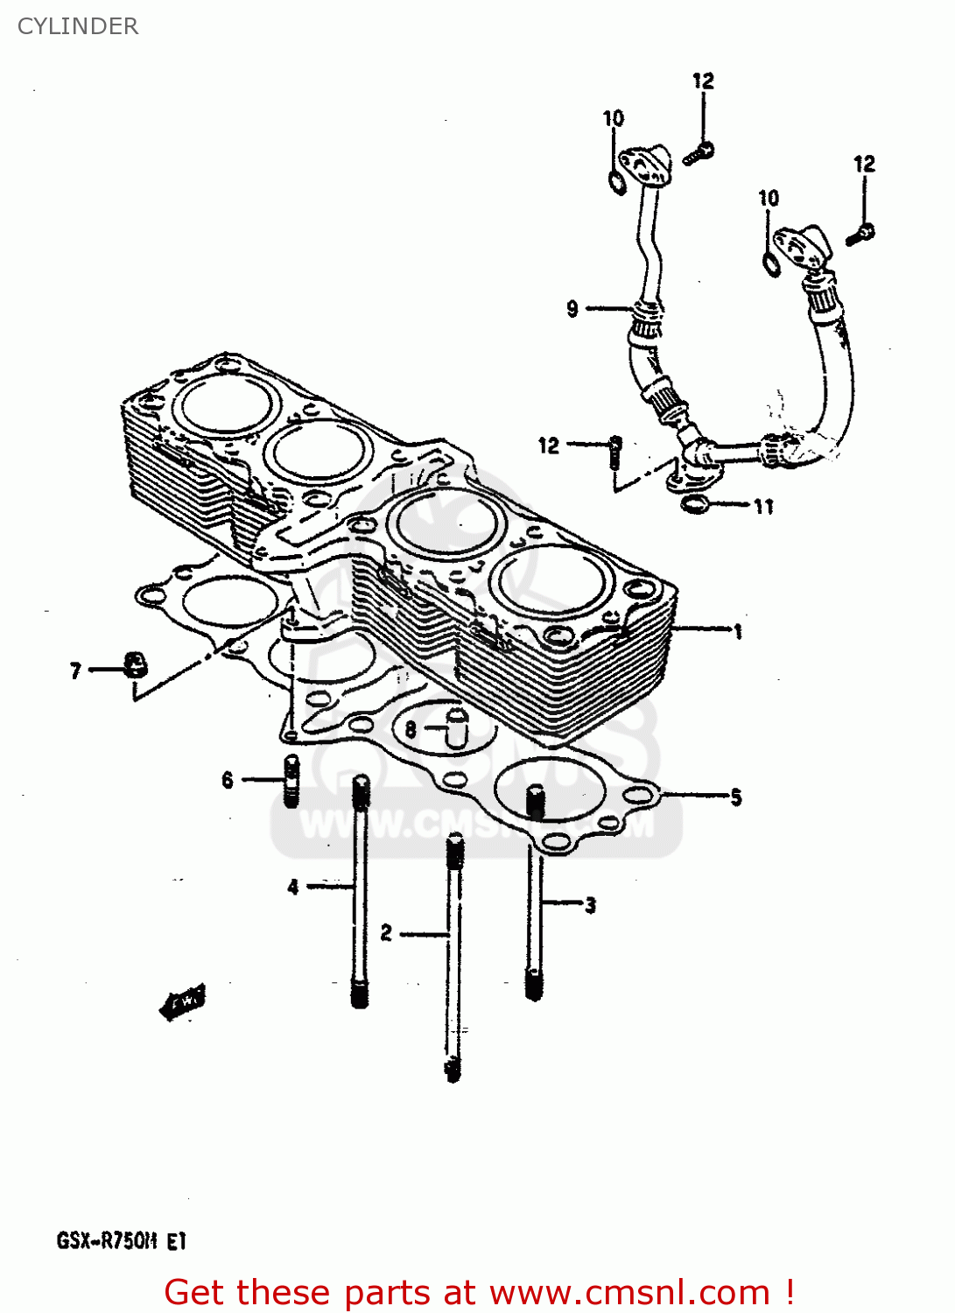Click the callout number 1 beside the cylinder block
pyautogui.click(x=738, y=631)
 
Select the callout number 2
pyautogui.click(x=386, y=933)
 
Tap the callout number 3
pyautogui.click(x=590, y=905)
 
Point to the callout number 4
pyautogui.click(x=293, y=887)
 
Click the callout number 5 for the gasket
pyautogui.click(x=735, y=797)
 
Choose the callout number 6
pyautogui.click(x=228, y=779)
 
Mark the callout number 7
pyautogui.click(x=76, y=671)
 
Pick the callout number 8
pyautogui.click(x=410, y=728)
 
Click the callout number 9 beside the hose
pyautogui.click(x=572, y=308)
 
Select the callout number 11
pyautogui.click(x=763, y=506)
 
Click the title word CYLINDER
pyautogui.click(x=78, y=26)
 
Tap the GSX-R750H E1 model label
pyautogui.click(x=122, y=1240)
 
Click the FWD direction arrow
pyautogui.click(x=182, y=1001)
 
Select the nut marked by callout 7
pyautogui.click(x=134, y=665)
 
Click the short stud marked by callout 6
pyautogui.click(x=291, y=779)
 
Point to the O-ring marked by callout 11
pyautogui.click(x=695, y=503)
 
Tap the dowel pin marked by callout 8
pyautogui.click(x=457, y=727)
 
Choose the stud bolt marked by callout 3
pyautogui.click(x=535, y=893)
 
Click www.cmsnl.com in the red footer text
pyautogui.click(x=628, y=1293)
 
